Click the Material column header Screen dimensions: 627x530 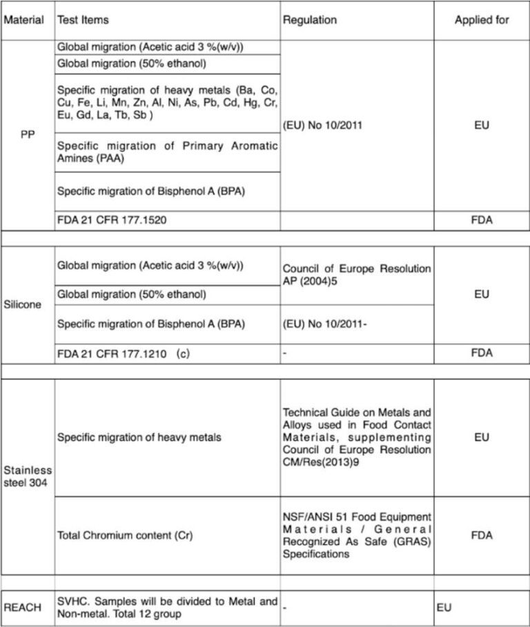pyautogui.click(x=24, y=20)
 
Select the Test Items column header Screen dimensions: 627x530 pyautogui.click(x=83, y=20)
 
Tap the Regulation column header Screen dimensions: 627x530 pyautogui.click(x=310, y=20)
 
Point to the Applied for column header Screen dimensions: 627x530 pyautogui.click(x=482, y=20)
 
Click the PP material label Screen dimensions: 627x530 pyautogui.click(x=27, y=135)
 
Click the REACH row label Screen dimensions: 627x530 pyautogui.click(x=23, y=608)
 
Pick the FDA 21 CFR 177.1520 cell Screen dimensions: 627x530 pyautogui.click(x=112, y=221)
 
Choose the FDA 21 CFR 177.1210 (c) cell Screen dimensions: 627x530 pyautogui.click(x=123, y=353)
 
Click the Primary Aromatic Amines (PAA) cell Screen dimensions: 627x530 pyautogui.click(x=168, y=152)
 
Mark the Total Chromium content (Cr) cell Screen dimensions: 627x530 pyautogui.click(x=115, y=535)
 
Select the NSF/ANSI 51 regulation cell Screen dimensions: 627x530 pyautogui.click(x=356, y=535)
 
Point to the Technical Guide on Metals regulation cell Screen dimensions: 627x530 pyautogui.click(x=356, y=437)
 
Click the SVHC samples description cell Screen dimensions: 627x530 pyautogui.click(x=168, y=608)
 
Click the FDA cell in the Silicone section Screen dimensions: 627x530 pyautogui.click(x=482, y=353)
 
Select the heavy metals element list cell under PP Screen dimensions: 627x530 pyautogui.click(x=168, y=103)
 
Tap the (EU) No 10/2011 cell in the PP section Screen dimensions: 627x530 pyautogui.click(x=323, y=126)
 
